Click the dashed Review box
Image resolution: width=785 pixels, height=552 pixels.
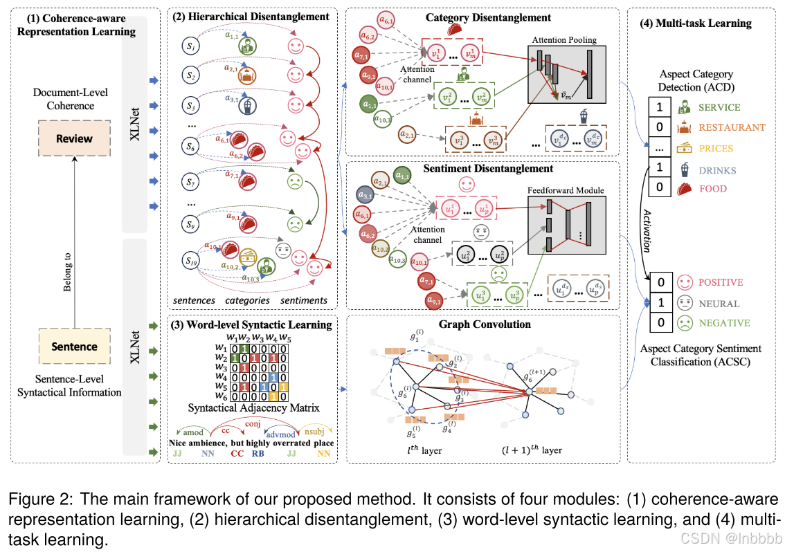[74, 138]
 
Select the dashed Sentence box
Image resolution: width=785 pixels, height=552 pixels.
[74, 347]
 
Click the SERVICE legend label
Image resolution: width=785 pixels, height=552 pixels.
[719, 107]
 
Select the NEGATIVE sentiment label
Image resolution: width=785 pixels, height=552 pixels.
[725, 323]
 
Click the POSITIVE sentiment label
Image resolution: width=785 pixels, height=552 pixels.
[721, 282]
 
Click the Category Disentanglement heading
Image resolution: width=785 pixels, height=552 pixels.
[489, 17]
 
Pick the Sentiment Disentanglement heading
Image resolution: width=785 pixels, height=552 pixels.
[487, 168]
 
